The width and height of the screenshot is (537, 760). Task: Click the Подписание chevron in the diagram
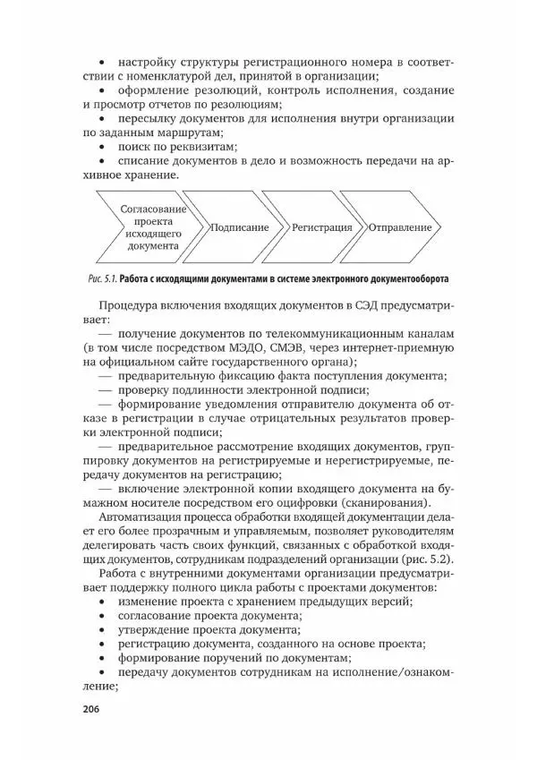[x=239, y=227]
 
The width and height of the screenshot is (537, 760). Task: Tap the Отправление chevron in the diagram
[x=399, y=227]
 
